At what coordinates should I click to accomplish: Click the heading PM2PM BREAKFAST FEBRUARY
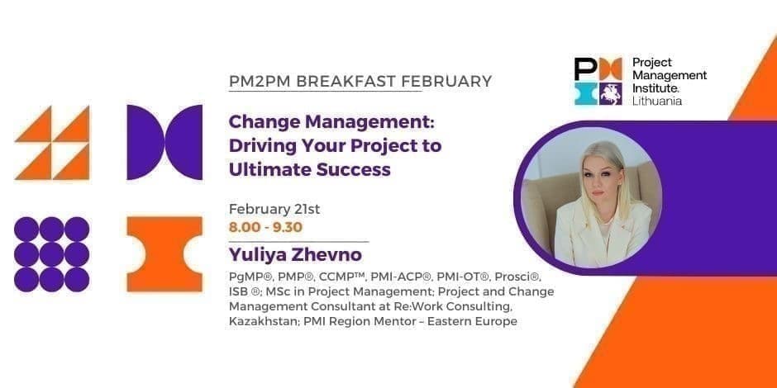pos(360,82)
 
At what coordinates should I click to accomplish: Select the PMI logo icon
pos(597,81)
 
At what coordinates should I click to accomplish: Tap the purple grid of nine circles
pos(51,253)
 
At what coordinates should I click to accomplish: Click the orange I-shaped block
pos(164,253)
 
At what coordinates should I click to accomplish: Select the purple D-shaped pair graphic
pos(164,142)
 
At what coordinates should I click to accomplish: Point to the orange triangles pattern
pos(51,142)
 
